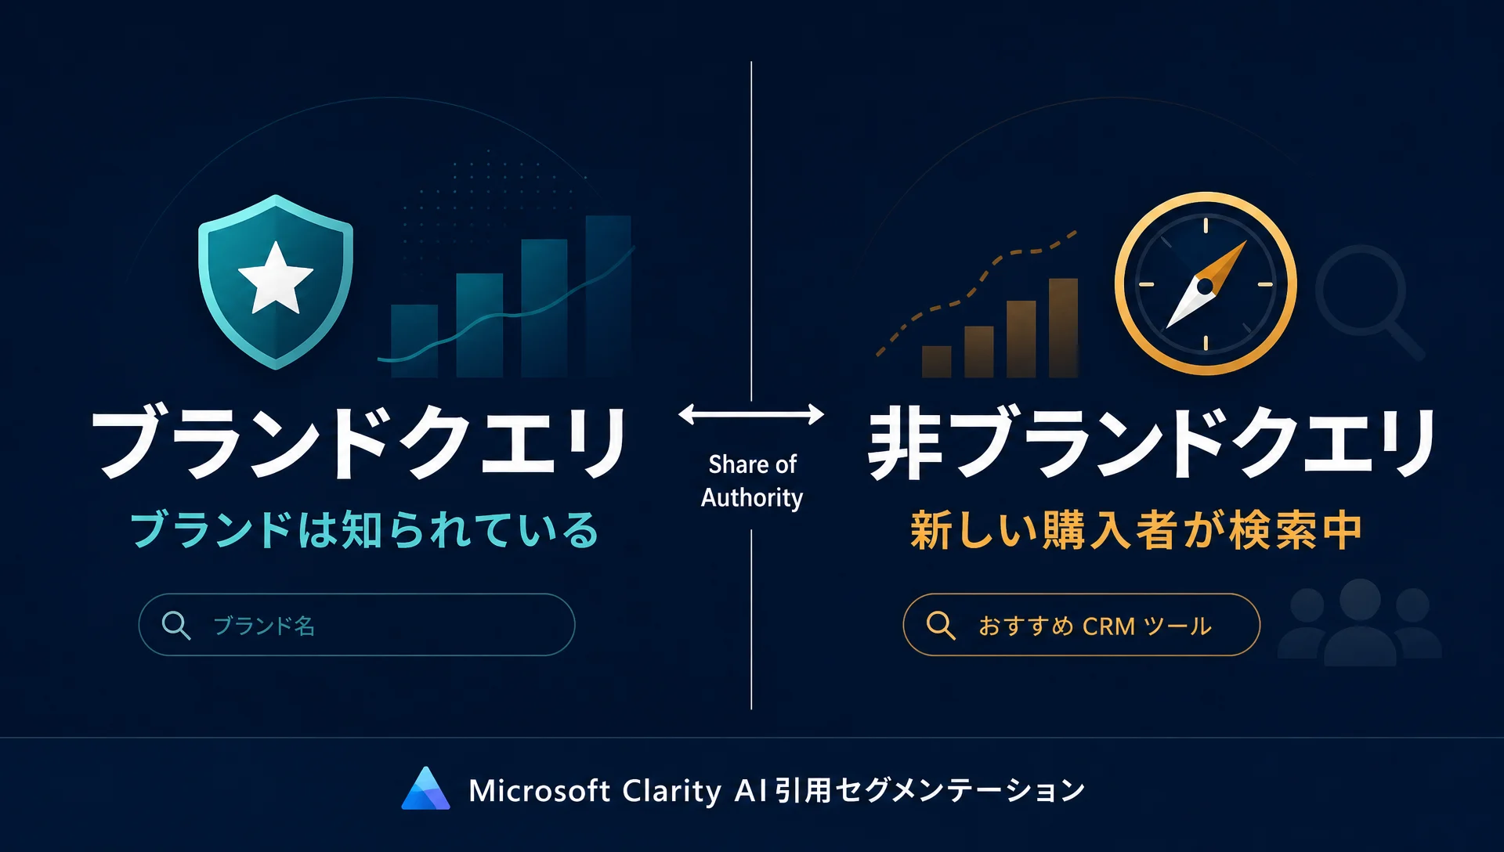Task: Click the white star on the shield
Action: pyautogui.click(x=276, y=278)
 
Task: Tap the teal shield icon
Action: pyautogui.click(x=276, y=282)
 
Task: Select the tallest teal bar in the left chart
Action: pyautogui.click(x=609, y=296)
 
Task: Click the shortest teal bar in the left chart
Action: pyautogui.click(x=414, y=341)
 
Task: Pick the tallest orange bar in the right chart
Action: pyautogui.click(x=1063, y=328)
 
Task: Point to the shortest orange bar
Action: pyautogui.click(x=937, y=362)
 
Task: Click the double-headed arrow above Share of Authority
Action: pyautogui.click(x=751, y=414)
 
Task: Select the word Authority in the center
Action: pyautogui.click(x=752, y=498)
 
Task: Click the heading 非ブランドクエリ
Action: pyautogui.click(x=1152, y=442)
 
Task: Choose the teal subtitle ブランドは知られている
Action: pyautogui.click(x=364, y=529)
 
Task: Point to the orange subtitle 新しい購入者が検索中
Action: pyautogui.click(x=1137, y=530)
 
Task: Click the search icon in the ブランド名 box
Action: pyautogui.click(x=176, y=626)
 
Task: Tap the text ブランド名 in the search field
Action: pyautogui.click(x=264, y=626)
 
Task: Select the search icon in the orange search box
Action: pyautogui.click(x=941, y=626)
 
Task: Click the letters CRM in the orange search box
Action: pyautogui.click(x=1108, y=626)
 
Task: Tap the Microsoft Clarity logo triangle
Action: pyautogui.click(x=425, y=788)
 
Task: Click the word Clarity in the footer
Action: pyautogui.click(x=671, y=791)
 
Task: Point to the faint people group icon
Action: pyautogui.click(x=1360, y=623)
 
